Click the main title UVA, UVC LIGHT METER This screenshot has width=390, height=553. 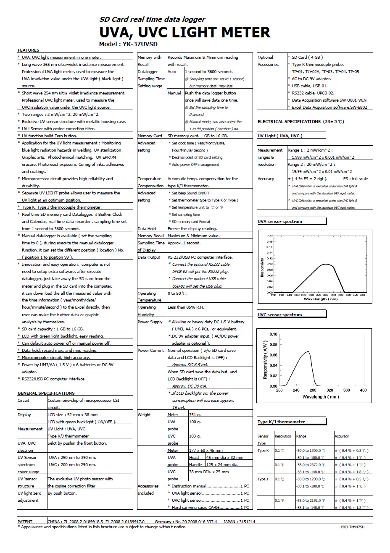184,32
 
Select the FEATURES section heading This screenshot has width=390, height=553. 28,50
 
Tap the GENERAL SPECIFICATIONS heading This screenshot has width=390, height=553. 46,393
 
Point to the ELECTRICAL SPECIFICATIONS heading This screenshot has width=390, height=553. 300,122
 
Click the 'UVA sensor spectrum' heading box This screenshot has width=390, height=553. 291,221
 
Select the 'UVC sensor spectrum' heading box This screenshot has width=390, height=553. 291,314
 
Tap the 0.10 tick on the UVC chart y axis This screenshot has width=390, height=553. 273,334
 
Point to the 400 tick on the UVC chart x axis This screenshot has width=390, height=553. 364,391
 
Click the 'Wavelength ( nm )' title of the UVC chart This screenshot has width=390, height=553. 321,397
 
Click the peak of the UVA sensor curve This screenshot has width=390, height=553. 326,264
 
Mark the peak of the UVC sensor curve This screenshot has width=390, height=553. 308,351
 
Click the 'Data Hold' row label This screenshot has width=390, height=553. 147,229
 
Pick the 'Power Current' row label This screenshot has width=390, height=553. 150,350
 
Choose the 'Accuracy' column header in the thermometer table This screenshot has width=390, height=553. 342,436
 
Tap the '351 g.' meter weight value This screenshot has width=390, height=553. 195,415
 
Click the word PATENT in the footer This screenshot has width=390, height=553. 25,522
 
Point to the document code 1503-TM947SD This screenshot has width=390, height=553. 352,527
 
